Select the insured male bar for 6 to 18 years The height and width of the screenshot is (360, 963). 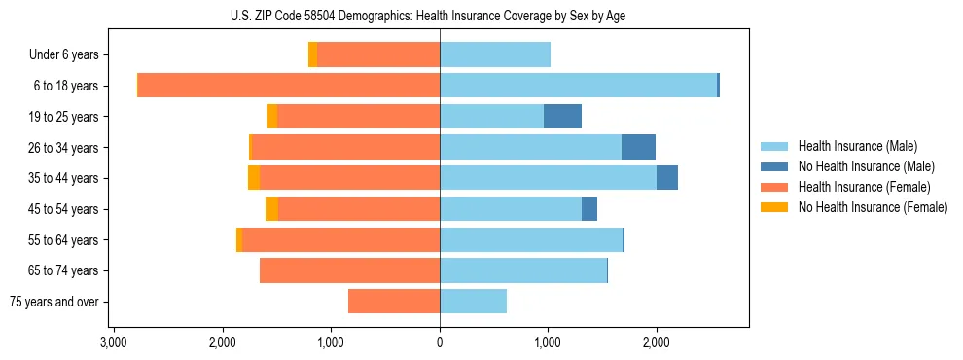pyautogui.click(x=578, y=86)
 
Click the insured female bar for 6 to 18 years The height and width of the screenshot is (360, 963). pyautogui.click(x=289, y=86)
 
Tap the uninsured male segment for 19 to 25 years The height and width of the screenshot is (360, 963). pyautogui.click(x=562, y=117)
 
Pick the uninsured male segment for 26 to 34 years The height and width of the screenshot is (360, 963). pyautogui.click(x=638, y=147)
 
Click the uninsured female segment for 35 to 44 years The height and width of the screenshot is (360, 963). pyautogui.click(x=254, y=178)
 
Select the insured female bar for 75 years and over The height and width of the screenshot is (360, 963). pyautogui.click(x=394, y=302)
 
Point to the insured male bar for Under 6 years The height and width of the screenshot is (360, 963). pyautogui.click(x=495, y=54)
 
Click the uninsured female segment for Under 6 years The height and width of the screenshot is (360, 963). pyautogui.click(x=312, y=54)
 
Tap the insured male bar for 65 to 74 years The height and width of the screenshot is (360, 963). pyautogui.click(x=523, y=270)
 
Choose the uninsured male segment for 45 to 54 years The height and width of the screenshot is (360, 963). pyautogui.click(x=589, y=209)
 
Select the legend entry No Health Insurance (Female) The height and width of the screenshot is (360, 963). pyautogui.click(x=873, y=207)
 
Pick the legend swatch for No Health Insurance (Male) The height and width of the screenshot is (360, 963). pyautogui.click(x=775, y=166)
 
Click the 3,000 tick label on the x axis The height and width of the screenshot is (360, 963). pyautogui.click(x=114, y=342)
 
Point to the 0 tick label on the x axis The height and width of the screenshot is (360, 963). pyautogui.click(x=440, y=342)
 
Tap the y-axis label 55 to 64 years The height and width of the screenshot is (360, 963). pyautogui.click(x=66, y=240)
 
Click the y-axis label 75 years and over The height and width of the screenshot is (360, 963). pyautogui.click(x=53, y=302)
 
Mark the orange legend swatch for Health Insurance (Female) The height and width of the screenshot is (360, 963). pyautogui.click(x=775, y=187)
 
